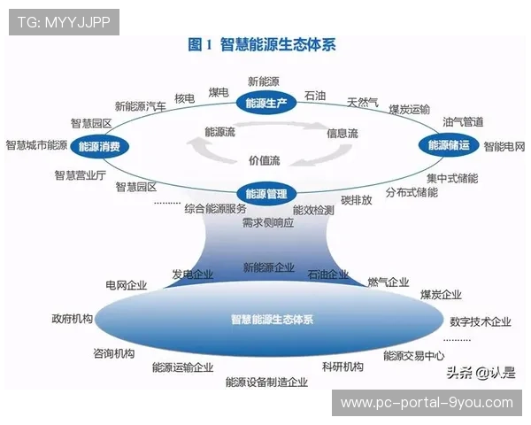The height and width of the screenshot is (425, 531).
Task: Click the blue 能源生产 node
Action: tap(266, 104)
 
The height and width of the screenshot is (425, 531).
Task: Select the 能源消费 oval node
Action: tap(99, 146)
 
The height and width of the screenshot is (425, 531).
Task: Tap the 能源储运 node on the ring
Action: tap(449, 144)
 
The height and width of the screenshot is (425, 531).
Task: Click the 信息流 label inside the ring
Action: tap(342, 134)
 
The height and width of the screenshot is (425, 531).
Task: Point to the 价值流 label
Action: tap(264, 160)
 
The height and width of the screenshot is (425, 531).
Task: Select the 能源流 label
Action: tap(219, 132)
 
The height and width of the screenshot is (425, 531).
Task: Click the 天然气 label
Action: tap(363, 101)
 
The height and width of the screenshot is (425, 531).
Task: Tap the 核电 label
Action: tap(184, 98)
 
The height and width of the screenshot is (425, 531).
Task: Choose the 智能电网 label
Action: tap(504, 146)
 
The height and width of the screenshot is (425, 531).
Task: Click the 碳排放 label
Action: tap(357, 200)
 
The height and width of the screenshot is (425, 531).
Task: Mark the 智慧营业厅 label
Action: tap(80, 175)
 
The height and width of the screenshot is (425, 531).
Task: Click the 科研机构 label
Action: tap(342, 367)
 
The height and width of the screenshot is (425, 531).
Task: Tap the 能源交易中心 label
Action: tap(413, 356)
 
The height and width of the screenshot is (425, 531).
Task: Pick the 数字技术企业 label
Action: tap(481, 321)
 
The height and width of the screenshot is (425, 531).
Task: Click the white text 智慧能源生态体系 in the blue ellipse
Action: tap(272, 320)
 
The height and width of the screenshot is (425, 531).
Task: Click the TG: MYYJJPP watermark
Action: tap(64, 22)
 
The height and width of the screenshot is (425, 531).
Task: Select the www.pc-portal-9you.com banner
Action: tap(427, 403)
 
